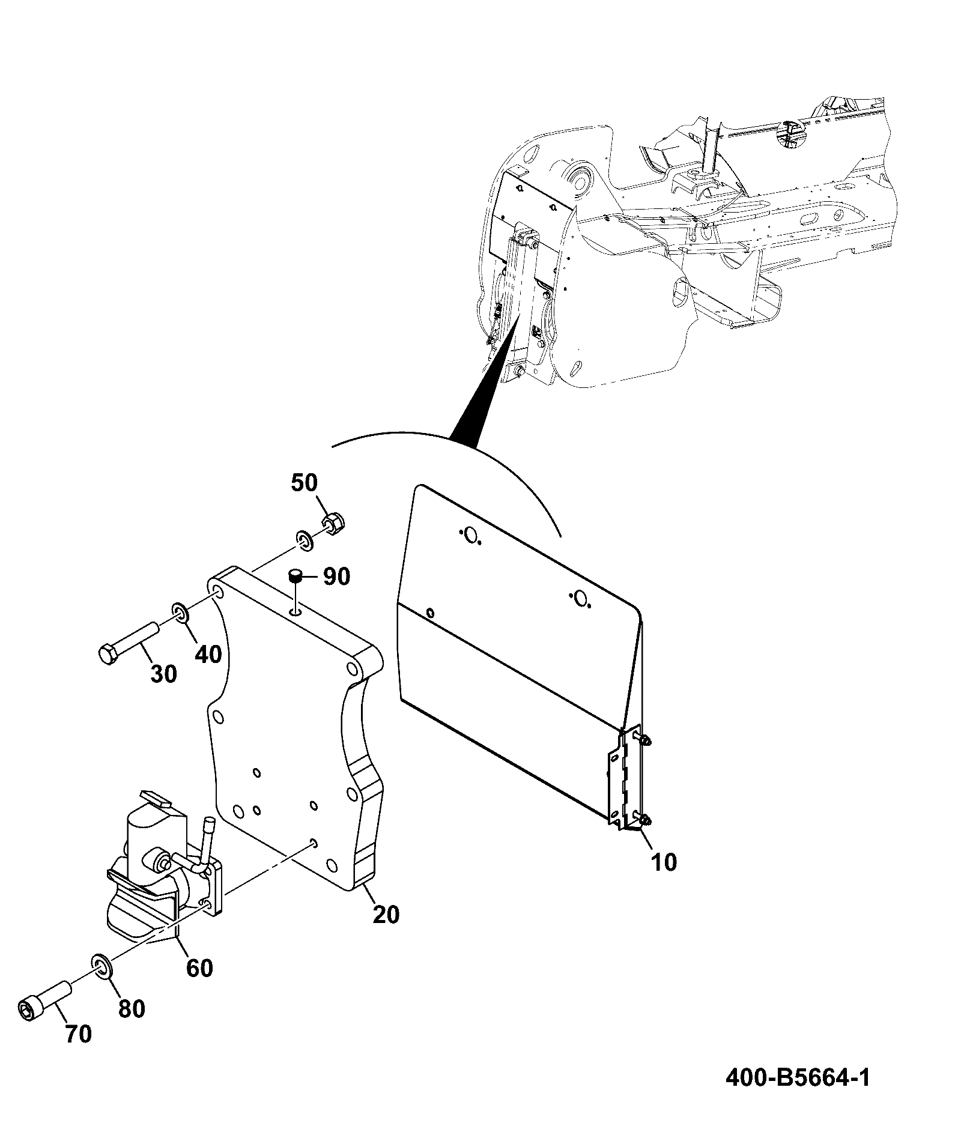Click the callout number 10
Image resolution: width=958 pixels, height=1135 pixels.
(x=663, y=862)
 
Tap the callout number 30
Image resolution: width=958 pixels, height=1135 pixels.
(x=163, y=674)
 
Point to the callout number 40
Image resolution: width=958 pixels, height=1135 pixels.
(x=208, y=653)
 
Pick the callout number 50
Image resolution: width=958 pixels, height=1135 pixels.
(x=305, y=482)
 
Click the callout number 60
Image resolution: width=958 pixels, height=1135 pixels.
(x=199, y=967)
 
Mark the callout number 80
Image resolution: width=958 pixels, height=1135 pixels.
(x=132, y=1008)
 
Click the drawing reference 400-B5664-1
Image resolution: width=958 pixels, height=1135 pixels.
(x=797, y=1078)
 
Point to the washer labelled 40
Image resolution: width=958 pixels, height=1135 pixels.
(x=180, y=613)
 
